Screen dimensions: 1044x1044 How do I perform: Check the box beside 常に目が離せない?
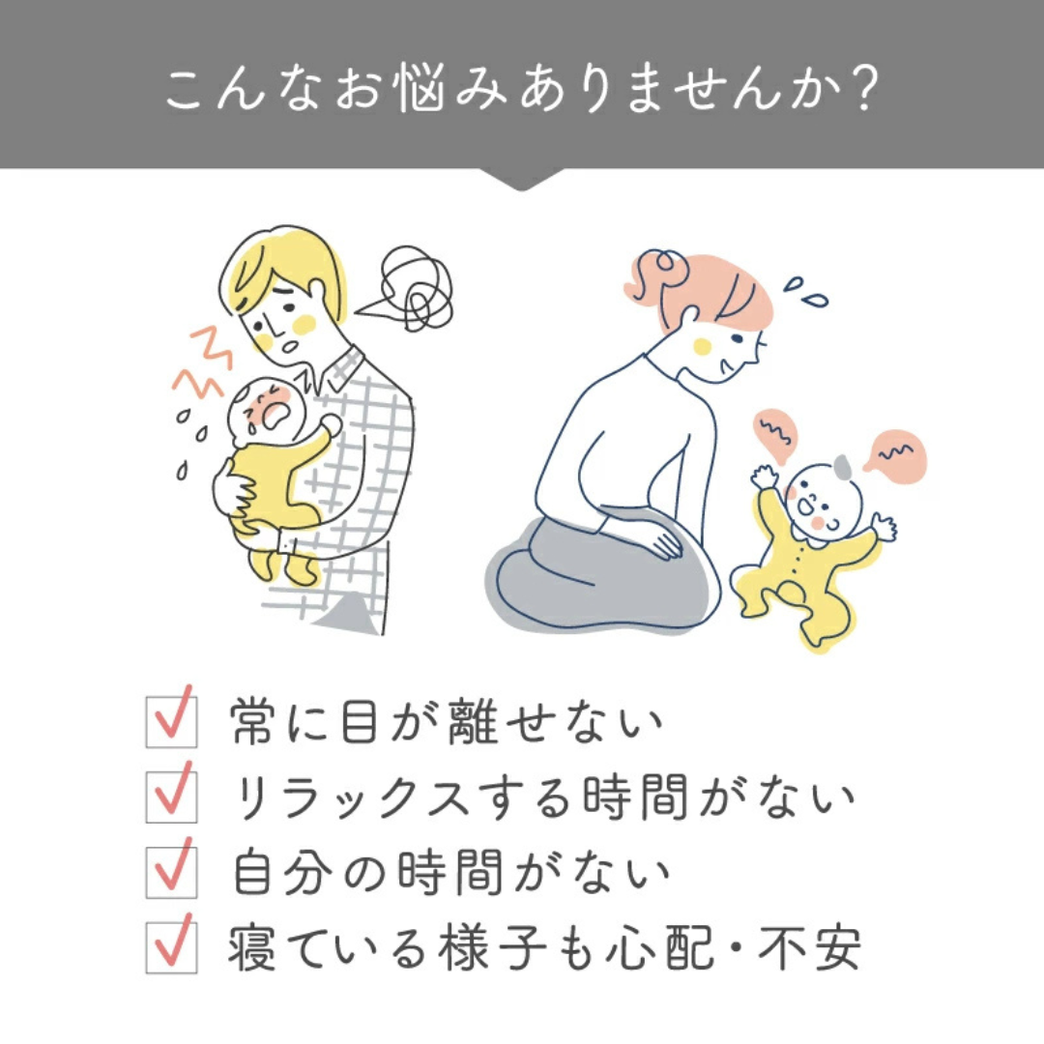171,722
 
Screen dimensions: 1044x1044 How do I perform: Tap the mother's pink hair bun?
660,272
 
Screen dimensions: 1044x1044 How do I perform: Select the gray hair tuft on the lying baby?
843,467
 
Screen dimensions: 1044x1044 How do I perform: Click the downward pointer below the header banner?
522,180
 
